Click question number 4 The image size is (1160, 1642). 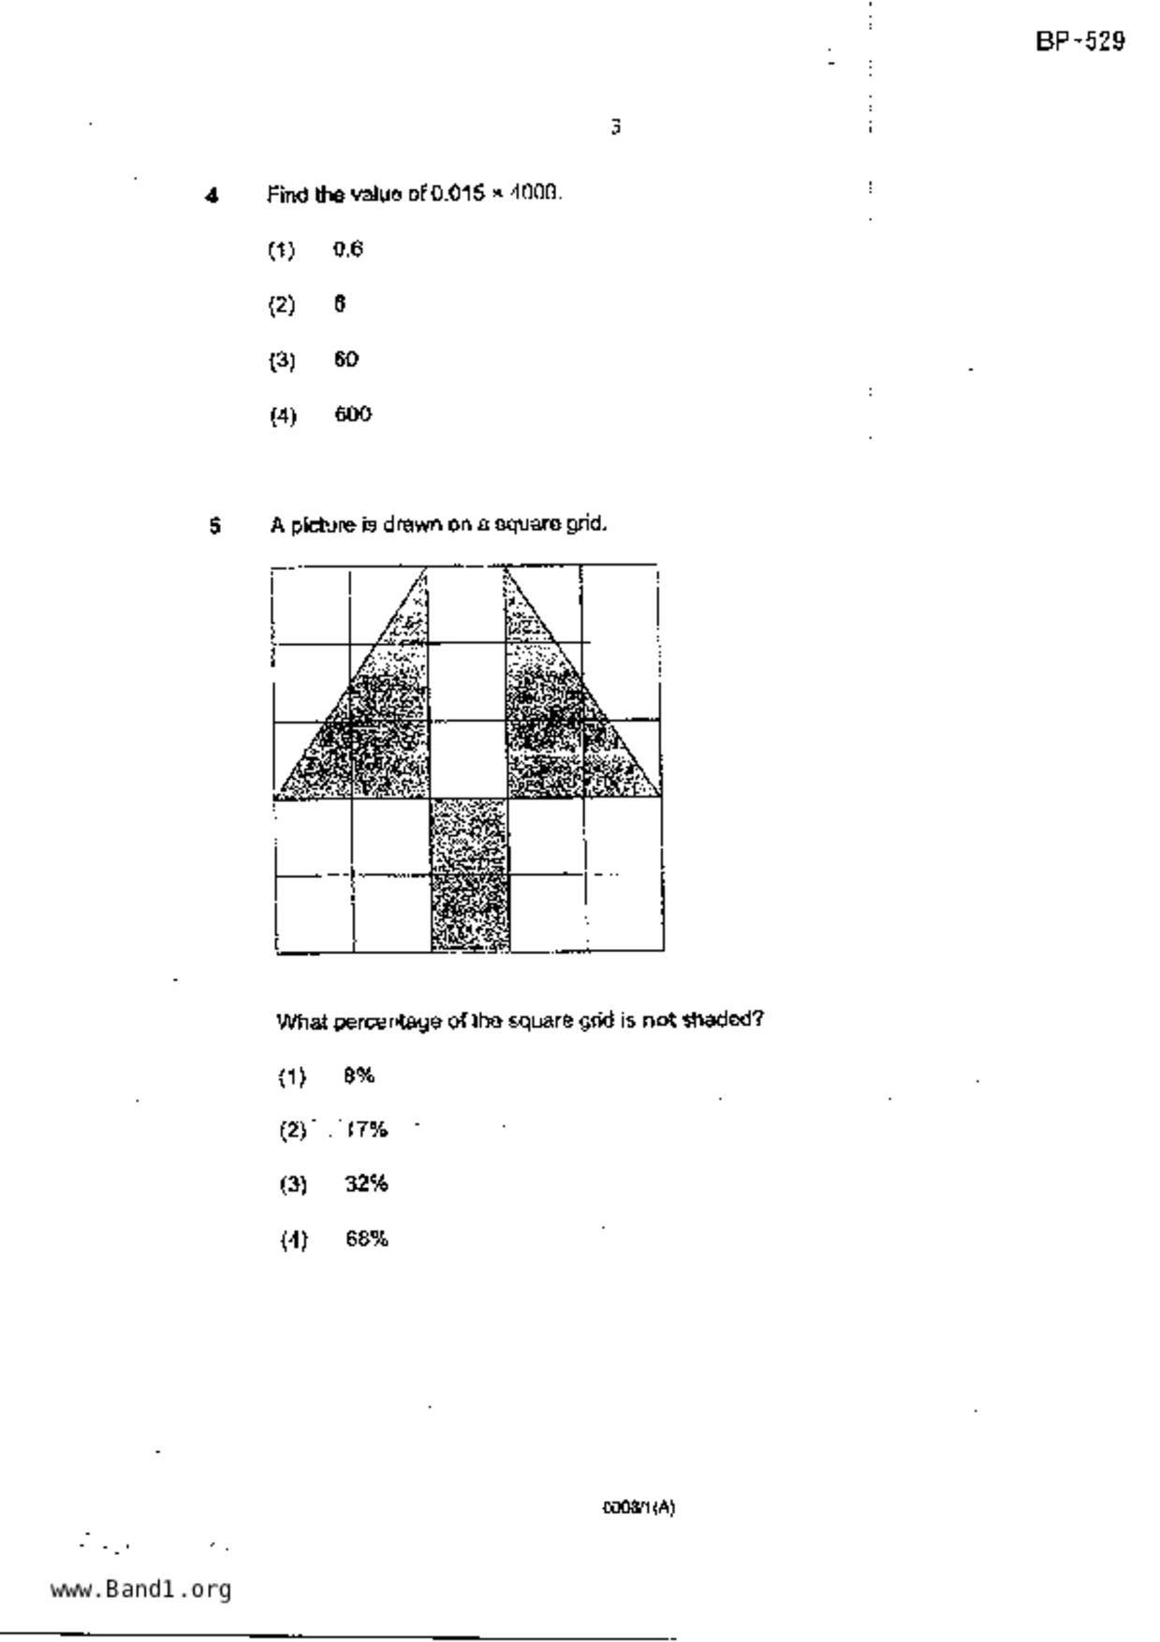[213, 196]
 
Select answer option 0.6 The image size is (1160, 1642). [347, 249]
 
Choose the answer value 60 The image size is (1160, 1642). [345, 359]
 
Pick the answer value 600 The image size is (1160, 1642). [352, 414]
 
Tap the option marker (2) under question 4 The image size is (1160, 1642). [282, 305]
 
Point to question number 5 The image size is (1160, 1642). [215, 525]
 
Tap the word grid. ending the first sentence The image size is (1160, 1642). [586, 524]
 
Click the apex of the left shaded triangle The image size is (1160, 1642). [426, 568]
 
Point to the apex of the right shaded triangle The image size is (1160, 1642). [506, 568]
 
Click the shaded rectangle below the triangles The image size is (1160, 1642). [470, 875]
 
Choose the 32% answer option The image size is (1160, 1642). [366, 1184]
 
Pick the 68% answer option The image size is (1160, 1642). [366, 1239]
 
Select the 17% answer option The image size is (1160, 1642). [366, 1130]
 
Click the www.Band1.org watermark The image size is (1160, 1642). [140, 1589]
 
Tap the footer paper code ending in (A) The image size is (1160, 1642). [638, 1507]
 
